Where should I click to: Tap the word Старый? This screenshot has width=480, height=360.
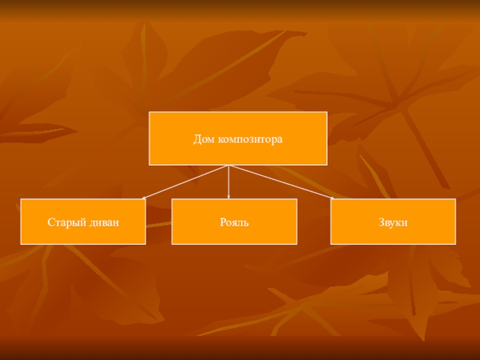coord(67,223)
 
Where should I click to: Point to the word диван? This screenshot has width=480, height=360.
coord(104,223)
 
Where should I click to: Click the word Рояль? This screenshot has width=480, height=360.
coord(234,222)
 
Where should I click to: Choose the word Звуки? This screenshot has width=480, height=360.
coord(393,223)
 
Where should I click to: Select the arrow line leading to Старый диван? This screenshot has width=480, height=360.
coord(185,182)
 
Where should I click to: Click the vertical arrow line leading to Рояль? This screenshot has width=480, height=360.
coord(229,182)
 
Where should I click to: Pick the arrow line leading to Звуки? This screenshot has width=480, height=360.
coord(281,182)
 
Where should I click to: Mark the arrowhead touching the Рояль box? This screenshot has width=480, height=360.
coord(229,197)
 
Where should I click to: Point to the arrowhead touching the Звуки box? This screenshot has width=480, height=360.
coord(332,198)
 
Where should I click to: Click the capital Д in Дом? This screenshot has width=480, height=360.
coord(197,139)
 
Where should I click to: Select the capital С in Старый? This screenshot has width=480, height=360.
coord(51,222)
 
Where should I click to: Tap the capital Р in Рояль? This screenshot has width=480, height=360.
coord(223,222)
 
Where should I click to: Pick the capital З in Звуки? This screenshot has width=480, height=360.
coord(382,222)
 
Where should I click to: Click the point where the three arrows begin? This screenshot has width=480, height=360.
coord(229,166)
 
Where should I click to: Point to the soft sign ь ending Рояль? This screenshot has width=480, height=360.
coord(246,223)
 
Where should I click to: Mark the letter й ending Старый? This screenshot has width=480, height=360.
coord(83,223)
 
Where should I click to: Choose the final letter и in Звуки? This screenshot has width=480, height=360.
coord(404,223)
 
